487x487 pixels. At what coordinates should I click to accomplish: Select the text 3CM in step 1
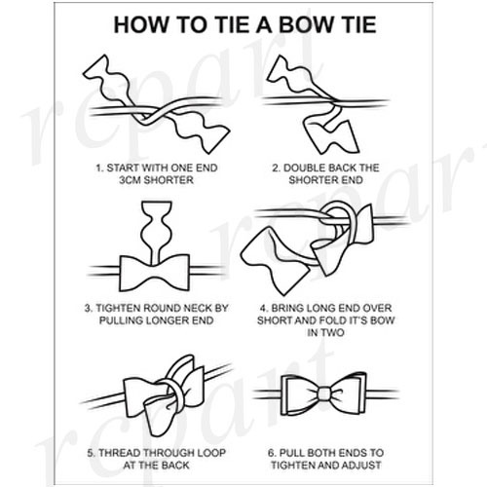[x=130, y=180]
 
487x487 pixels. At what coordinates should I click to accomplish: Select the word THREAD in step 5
[x=120, y=453]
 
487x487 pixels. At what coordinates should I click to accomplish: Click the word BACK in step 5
[x=175, y=465]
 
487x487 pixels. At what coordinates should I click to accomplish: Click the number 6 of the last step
[x=272, y=453]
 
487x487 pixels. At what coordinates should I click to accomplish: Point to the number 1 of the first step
[x=99, y=168]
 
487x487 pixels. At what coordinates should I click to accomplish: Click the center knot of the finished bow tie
[x=324, y=394]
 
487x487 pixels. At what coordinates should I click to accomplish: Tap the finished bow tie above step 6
[x=323, y=393]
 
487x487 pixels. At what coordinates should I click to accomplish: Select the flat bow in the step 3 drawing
[x=155, y=273]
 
